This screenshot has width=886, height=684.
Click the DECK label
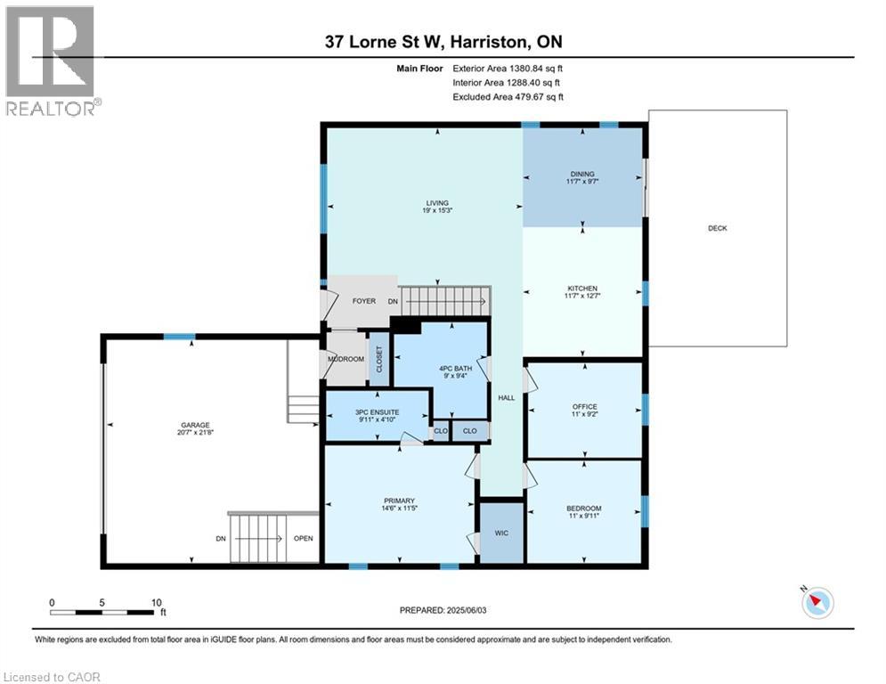717,228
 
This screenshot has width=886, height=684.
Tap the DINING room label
582,175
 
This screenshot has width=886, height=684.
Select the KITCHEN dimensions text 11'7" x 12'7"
582,296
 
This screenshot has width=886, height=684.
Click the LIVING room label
436,203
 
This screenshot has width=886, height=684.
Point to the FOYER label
364,301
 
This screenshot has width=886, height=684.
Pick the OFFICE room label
585,406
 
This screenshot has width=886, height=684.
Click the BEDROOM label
584,509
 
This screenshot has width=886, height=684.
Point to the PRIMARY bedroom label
399,501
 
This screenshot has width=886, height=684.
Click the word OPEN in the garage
304,539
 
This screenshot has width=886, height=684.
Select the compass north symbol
817,603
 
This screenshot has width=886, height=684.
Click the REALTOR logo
52,61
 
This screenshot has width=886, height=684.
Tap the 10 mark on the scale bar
157,603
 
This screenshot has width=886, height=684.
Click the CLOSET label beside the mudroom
378,360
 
